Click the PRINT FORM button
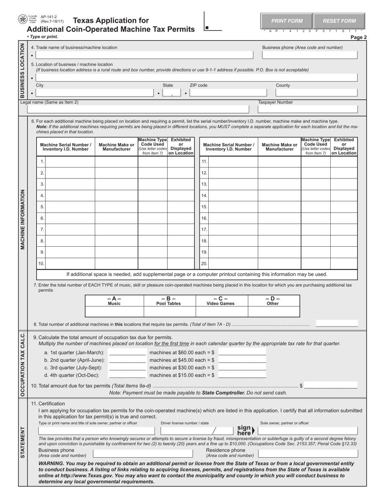287,21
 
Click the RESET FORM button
339,21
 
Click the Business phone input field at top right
310,55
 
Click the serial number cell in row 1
70,162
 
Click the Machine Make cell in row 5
116,207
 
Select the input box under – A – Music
114,312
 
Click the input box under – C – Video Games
221,312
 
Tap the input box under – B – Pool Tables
170,312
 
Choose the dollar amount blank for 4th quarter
242,375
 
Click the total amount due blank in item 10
331,385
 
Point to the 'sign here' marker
246,430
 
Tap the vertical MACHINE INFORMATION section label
23,219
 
